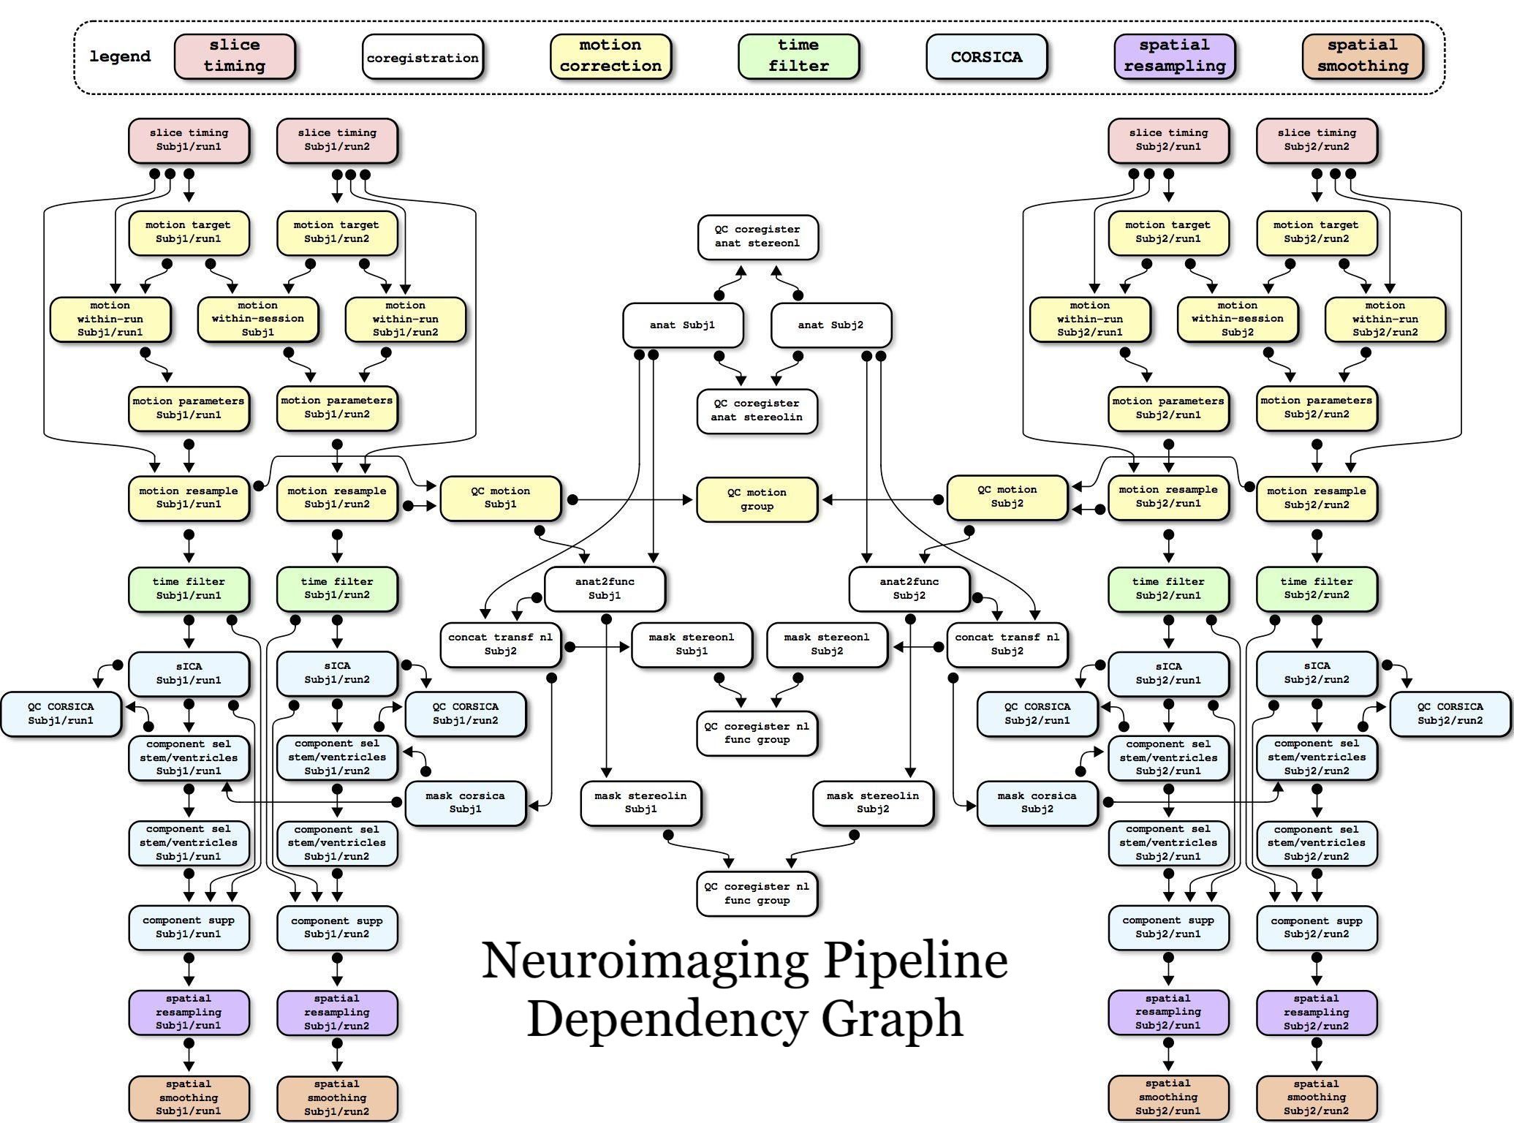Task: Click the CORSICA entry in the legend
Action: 986,57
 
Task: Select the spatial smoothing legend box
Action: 1363,56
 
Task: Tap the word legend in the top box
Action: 120,56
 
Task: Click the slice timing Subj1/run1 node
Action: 189,140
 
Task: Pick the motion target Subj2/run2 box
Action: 1316,232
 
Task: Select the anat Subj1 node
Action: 683,325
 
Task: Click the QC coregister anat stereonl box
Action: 757,236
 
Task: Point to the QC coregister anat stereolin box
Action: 757,411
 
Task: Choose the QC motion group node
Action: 757,499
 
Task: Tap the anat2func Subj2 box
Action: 909,589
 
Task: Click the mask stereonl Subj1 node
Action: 692,644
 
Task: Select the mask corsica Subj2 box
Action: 1037,803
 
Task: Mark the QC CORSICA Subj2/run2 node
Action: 1450,714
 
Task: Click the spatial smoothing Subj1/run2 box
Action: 337,1097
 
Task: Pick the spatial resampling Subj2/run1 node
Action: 1168,1012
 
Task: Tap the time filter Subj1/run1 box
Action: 189,589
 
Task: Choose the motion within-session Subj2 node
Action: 1237,319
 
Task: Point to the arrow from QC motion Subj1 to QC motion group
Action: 632,500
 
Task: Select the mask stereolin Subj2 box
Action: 873,803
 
